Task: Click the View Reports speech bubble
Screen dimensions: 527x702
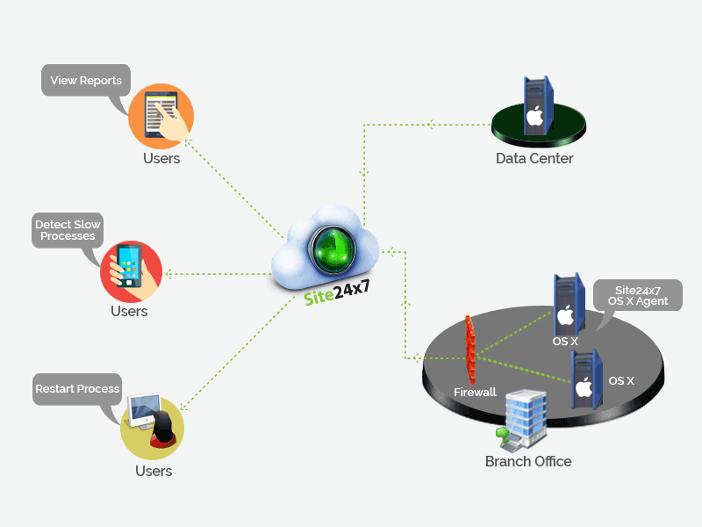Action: (x=86, y=81)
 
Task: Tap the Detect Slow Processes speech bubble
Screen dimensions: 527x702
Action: (x=68, y=230)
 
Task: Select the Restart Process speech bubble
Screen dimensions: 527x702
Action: (x=77, y=389)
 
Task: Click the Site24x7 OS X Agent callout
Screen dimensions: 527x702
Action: (x=638, y=295)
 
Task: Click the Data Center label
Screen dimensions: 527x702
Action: (x=534, y=159)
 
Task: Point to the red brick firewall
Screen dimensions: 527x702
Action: (x=471, y=349)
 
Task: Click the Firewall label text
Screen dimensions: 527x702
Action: (x=475, y=392)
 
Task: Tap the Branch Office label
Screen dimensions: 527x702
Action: (x=528, y=461)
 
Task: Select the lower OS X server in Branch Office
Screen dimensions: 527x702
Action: (x=584, y=379)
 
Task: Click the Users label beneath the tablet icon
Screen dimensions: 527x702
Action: (x=161, y=159)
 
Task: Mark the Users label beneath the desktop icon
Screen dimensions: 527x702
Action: (x=154, y=472)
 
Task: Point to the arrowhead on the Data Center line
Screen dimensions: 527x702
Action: (x=430, y=124)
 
